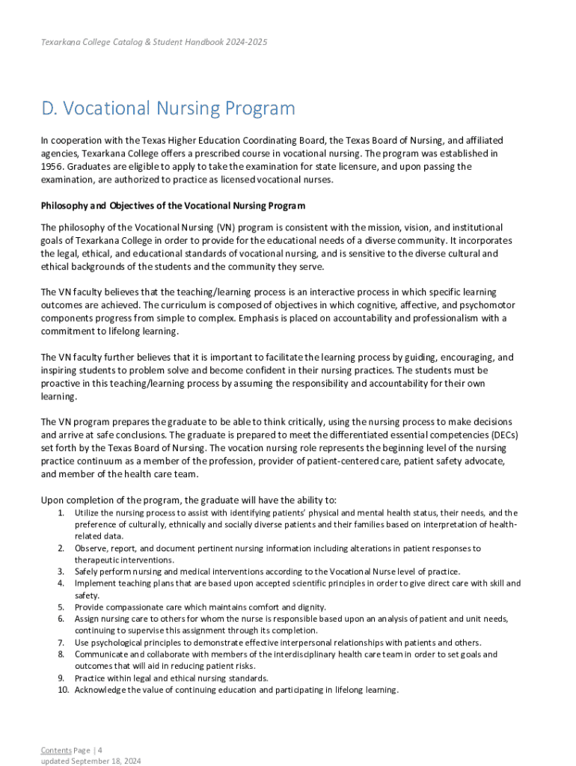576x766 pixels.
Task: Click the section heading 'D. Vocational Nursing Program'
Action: click(x=168, y=109)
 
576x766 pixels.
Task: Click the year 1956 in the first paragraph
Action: click(x=52, y=167)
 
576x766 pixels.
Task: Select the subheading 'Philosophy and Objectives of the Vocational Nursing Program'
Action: click(x=173, y=206)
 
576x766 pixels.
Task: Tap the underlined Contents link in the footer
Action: click(x=56, y=750)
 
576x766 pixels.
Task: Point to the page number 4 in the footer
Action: click(x=100, y=750)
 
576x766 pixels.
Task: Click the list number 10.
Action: click(x=64, y=690)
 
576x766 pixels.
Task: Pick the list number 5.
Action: click(x=61, y=607)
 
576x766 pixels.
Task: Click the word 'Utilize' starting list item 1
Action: click(x=88, y=513)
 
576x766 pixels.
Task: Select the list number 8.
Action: click(x=61, y=655)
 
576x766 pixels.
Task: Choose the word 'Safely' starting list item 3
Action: click(x=86, y=572)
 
